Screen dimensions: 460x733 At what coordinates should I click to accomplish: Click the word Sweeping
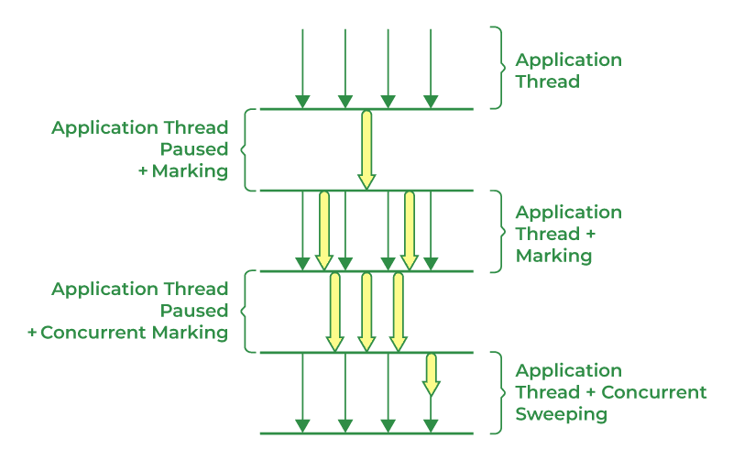point(561,414)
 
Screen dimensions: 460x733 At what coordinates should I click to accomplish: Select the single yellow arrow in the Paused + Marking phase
point(366,149)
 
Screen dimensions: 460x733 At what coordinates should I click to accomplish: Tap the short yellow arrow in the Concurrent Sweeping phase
point(431,375)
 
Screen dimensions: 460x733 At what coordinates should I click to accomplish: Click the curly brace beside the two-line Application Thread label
point(498,69)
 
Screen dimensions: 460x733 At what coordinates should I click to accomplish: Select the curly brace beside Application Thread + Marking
point(498,231)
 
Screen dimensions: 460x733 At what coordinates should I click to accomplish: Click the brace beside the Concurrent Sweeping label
point(498,392)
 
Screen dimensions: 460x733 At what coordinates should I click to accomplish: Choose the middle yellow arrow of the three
point(366,312)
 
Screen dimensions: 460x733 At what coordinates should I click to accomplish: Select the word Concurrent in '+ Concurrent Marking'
point(100,333)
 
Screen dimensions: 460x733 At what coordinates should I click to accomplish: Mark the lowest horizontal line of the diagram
point(366,433)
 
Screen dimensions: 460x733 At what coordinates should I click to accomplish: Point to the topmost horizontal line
point(366,109)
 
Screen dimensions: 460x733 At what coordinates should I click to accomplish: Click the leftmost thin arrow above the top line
point(302,69)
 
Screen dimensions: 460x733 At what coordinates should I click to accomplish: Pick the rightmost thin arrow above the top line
point(431,69)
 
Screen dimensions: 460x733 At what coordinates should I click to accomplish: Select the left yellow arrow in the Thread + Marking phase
point(324,231)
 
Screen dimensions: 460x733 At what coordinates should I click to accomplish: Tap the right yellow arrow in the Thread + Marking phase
point(410,231)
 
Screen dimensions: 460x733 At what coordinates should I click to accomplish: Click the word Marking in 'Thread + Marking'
point(553,256)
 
